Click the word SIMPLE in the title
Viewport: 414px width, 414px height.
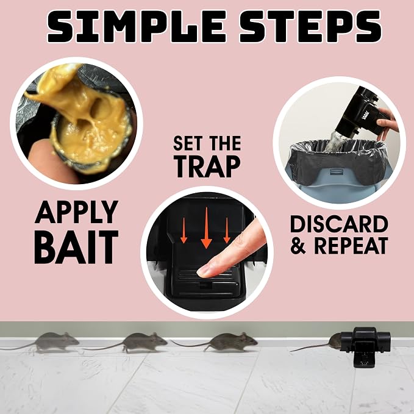coord(136,26)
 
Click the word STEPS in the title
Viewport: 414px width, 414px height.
coord(310,26)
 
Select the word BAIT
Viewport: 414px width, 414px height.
coord(76,247)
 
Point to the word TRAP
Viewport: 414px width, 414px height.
coord(208,166)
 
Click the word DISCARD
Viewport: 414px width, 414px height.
coord(339,224)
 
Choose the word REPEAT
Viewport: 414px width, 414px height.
coord(351,246)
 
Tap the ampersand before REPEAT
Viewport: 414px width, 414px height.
coord(298,246)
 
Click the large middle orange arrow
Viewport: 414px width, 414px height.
coord(206,228)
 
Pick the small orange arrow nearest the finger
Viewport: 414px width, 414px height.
coord(227,230)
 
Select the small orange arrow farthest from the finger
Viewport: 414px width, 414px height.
coord(184,230)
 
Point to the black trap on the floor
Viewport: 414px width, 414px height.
coord(365,346)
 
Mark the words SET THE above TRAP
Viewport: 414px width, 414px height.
coord(207,143)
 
